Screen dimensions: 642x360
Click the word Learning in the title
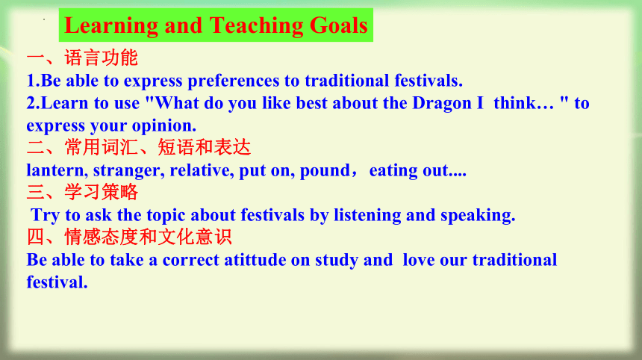tap(111, 26)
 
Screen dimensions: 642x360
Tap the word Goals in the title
tap(339, 25)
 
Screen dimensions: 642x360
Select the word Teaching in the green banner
tap(256, 26)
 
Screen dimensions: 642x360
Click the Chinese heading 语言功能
tap(101, 58)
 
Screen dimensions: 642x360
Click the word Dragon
tap(442, 104)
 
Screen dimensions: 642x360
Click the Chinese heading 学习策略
tap(101, 192)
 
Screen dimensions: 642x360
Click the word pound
tap(325, 170)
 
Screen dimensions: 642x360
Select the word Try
tap(46, 215)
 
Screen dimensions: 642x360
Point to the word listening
tap(367, 215)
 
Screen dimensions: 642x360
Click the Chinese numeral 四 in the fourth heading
tap(36, 237)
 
